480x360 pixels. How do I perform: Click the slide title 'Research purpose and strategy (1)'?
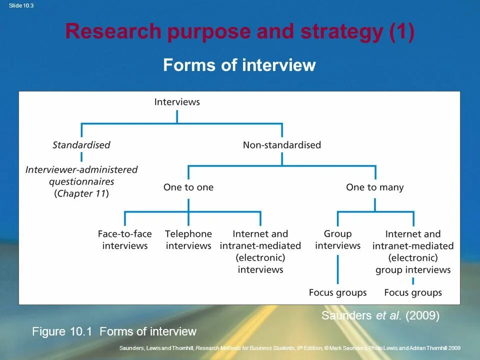[x=239, y=32]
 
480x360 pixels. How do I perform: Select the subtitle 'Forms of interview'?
[x=239, y=65]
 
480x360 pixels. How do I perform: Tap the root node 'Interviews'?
[x=177, y=102]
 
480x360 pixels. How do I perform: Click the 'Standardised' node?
[x=81, y=145]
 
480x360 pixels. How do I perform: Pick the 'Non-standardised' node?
[x=282, y=145]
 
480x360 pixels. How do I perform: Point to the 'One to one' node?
[x=188, y=187]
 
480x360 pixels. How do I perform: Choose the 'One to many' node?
[x=375, y=187]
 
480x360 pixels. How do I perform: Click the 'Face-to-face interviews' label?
[x=125, y=240]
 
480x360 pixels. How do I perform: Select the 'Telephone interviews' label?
[x=188, y=240]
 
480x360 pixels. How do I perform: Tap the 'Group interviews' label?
[x=337, y=240]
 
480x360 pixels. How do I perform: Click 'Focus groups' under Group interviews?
[x=337, y=292]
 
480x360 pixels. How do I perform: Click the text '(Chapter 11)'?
[x=81, y=193]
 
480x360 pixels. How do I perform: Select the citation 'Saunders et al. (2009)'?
[x=380, y=316]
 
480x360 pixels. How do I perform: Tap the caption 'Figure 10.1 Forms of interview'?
[x=114, y=331]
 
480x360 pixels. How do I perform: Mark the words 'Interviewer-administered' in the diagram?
[x=81, y=169]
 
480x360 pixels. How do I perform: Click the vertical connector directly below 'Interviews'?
[x=177, y=116]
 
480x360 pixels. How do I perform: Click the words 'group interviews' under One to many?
[x=413, y=270]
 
